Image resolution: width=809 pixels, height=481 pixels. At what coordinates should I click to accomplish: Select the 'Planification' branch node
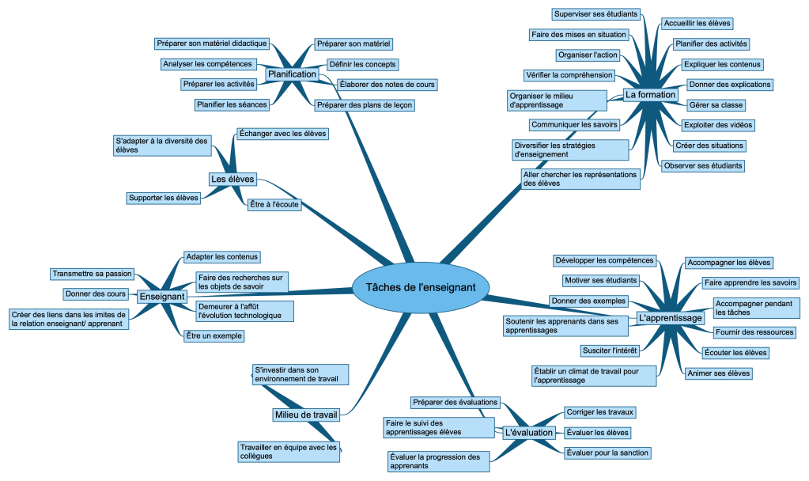(292, 74)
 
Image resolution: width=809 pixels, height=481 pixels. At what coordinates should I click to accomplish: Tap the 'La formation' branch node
(650, 95)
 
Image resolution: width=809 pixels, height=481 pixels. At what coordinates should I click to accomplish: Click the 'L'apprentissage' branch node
(670, 318)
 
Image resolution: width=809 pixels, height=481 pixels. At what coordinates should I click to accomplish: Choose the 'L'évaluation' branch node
(528, 432)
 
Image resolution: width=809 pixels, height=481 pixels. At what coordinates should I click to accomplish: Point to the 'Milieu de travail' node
(305, 415)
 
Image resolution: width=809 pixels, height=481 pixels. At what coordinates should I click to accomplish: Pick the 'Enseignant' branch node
(162, 297)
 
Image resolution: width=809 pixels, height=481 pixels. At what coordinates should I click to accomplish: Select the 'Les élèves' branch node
(232, 180)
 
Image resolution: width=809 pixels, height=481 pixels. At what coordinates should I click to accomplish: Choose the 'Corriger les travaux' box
(600, 412)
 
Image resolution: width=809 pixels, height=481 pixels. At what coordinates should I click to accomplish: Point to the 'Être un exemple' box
(213, 335)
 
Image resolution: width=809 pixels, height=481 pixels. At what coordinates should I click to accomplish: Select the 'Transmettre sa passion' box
(92, 274)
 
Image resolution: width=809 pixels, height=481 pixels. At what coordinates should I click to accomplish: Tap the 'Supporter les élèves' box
(164, 198)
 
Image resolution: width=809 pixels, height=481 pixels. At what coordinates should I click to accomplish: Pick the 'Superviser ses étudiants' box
(595, 13)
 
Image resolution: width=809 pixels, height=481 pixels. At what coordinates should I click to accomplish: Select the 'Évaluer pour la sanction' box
(607, 453)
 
